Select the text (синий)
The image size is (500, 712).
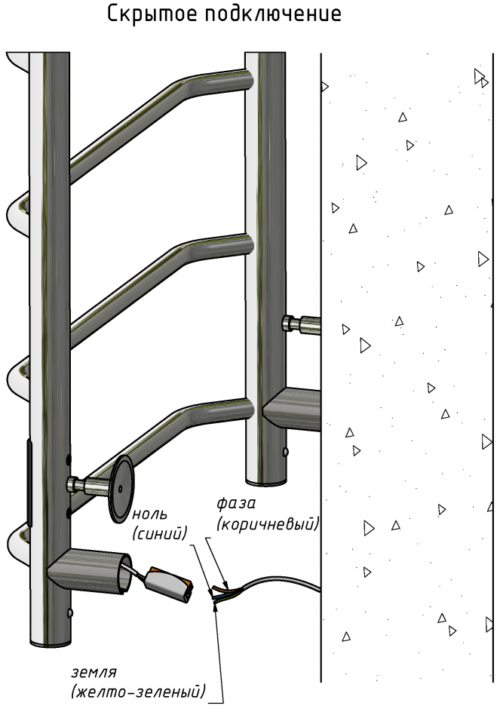(x=160, y=534)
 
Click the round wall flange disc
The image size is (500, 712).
(x=120, y=489)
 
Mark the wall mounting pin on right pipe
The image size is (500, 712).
(x=301, y=325)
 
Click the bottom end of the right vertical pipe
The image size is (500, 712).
(x=266, y=479)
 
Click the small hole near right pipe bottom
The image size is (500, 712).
(x=285, y=453)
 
